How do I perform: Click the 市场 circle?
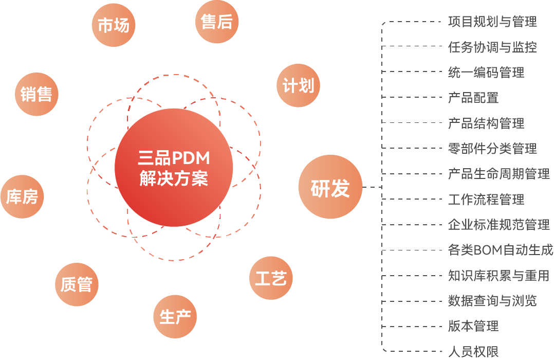point(113,25)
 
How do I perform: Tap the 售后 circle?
point(217,22)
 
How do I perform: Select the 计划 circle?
point(298,85)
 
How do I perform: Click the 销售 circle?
point(36,94)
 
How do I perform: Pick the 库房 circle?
point(22,196)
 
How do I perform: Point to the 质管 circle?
point(77,284)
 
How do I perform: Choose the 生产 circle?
point(175,317)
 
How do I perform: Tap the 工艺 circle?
point(271,278)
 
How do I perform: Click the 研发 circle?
point(330,187)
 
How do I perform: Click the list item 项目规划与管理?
point(492,22)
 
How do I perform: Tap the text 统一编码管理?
point(486,73)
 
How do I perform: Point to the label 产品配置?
point(473,98)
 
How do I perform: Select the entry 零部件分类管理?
point(492,149)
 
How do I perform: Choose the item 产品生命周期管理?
point(498,174)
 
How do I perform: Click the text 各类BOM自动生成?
point(501,250)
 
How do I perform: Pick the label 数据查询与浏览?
point(492,301)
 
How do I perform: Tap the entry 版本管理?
point(473,326)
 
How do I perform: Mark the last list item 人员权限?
point(473,352)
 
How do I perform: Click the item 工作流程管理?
point(486,200)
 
